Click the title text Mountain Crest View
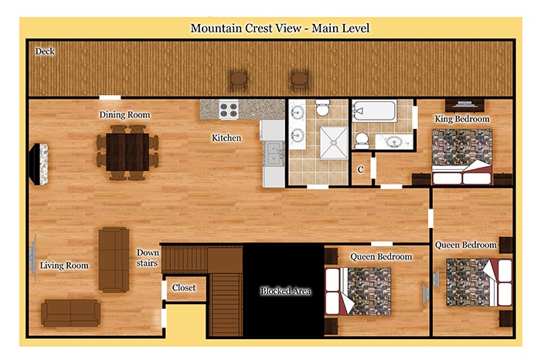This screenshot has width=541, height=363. click(x=246, y=28)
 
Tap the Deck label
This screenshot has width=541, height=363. click(x=45, y=52)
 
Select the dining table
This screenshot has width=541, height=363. click(x=128, y=152)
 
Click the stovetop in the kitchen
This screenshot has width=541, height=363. click(x=229, y=110)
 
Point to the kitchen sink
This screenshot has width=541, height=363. click(x=274, y=154)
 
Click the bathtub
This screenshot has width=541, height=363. click(x=374, y=110)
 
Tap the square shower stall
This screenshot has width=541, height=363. click(x=334, y=143)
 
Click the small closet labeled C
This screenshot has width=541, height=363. click(x=361, y=170)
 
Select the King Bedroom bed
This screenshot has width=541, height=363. click(x=462, y=157)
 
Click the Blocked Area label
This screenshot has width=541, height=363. click(x=286, y=291)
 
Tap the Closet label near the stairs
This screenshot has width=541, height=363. click(x=184, y=287)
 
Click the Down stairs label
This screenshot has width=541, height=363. click(x=148, y=258)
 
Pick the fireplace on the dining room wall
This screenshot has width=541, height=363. click(x=39, y=164)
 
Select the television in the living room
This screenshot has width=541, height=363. click(x=32, y=258)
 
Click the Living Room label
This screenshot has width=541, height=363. click(x=64, y=266)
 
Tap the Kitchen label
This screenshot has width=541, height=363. click(x=226, y=138)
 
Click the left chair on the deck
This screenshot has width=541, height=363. click(x=238, y=80)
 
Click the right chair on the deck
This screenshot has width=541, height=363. click(x=299, y=80)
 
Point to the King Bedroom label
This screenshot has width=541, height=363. click(x=462, y=119)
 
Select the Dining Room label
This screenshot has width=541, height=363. click(x=124, y=115)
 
